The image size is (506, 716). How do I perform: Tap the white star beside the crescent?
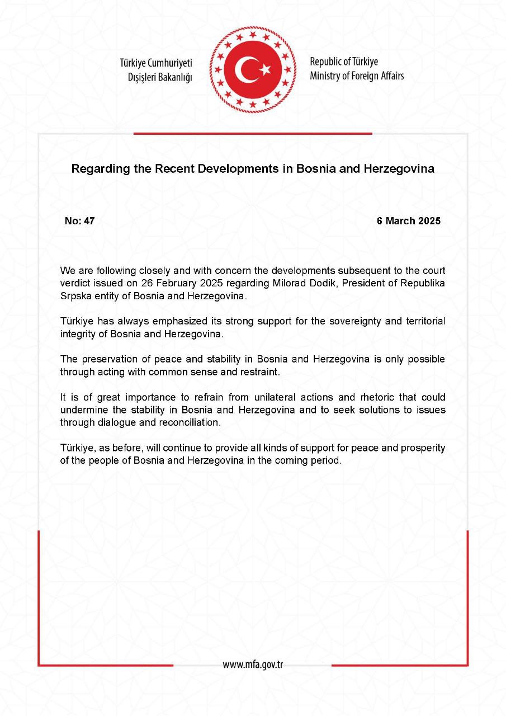coord(265,70)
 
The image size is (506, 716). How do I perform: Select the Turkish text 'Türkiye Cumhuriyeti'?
coord(157,63)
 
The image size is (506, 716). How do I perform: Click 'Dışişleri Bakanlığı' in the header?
coord(159,77)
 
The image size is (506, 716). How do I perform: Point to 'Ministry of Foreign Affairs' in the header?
coord(357,76)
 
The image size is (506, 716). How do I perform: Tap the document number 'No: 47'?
coord(79,220)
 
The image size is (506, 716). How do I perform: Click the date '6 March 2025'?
coord(408,220)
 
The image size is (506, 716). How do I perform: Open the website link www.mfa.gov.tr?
coord(253,664)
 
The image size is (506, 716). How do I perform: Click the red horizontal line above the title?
coord(253,134)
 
